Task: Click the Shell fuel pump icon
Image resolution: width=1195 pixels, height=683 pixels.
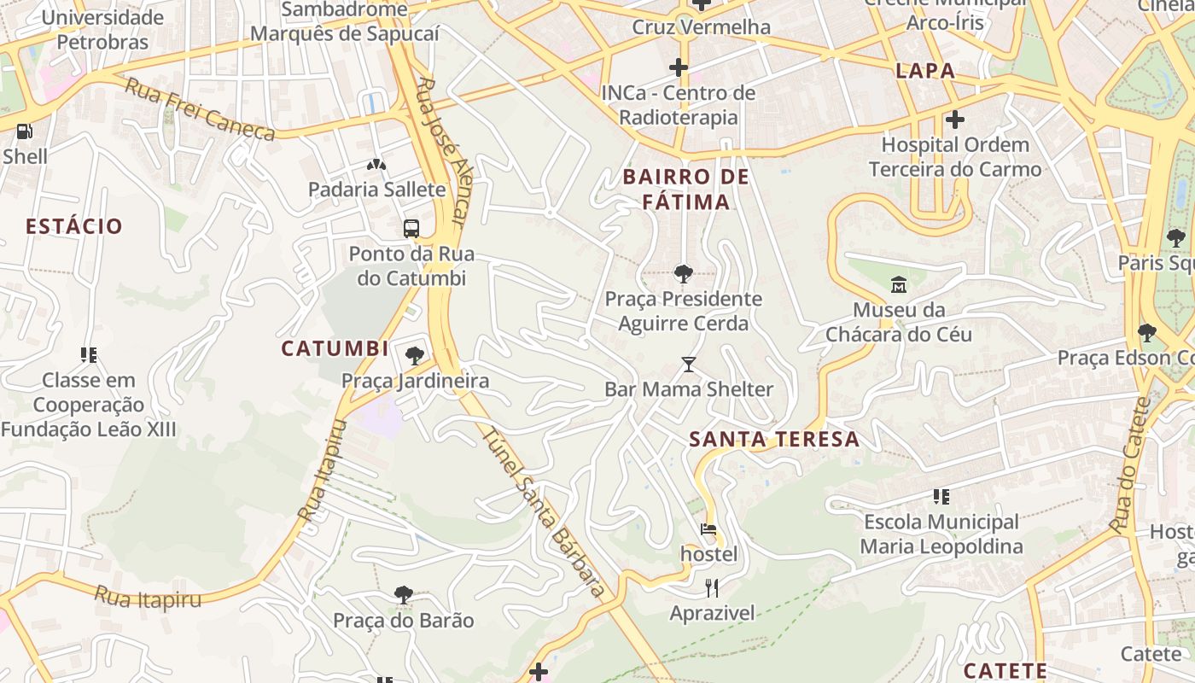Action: tap(25, 131)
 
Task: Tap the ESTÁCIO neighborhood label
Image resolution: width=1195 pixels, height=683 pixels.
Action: tap(74, 226)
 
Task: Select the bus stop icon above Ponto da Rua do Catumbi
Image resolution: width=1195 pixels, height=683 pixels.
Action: tap(411, 228)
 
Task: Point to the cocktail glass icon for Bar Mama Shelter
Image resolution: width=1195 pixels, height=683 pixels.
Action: tap(689, 365)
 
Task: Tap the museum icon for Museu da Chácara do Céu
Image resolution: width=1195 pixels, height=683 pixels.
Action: tap(898, 284)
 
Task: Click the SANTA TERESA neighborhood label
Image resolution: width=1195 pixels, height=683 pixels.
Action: tap(773, 439)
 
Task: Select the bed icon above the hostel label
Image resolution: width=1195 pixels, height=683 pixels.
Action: tap(708, 529)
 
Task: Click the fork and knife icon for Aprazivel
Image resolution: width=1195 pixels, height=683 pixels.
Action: tap(712, 587)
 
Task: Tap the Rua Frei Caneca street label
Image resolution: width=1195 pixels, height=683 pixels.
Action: tap(200, 108)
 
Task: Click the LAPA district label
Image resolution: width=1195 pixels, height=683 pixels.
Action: tap(925, 71)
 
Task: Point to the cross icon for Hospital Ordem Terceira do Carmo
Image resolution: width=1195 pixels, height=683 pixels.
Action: tap(955, 120)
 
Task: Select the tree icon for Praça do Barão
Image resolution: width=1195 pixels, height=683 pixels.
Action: tap(404, 594)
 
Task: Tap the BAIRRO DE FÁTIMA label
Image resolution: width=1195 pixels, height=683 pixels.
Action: tap(686, 190)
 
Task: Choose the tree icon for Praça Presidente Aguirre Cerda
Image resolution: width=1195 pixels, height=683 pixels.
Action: tap(683, 274)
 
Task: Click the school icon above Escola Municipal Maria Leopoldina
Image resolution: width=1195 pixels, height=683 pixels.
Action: tap(941, 496)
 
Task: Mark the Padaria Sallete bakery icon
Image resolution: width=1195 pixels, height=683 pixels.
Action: tap(376, 164)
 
